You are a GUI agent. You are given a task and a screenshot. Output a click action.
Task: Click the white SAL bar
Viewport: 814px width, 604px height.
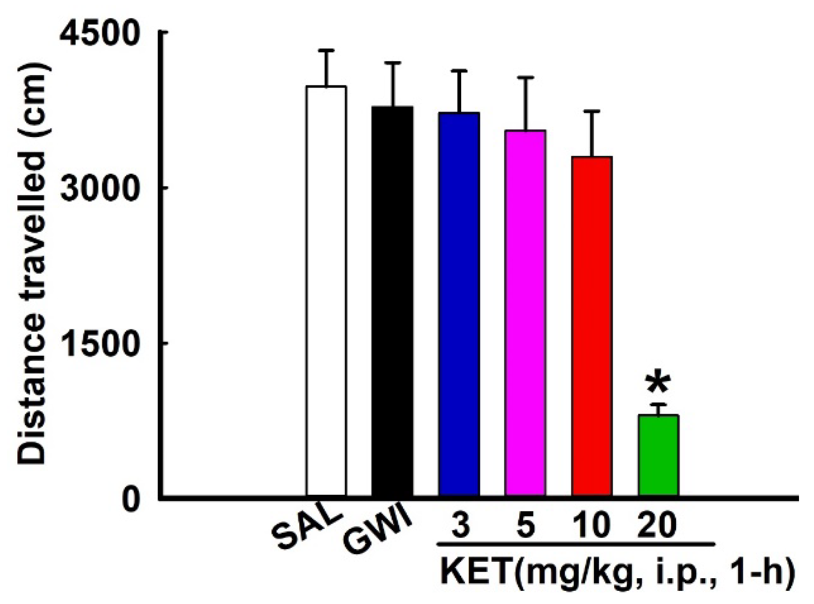327,291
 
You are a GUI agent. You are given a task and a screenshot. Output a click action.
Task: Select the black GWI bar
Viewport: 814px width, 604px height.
393,301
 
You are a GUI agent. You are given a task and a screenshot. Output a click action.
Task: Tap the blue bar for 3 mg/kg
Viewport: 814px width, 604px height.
459,304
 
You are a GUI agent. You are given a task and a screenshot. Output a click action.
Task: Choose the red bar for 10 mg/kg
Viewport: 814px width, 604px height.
592,326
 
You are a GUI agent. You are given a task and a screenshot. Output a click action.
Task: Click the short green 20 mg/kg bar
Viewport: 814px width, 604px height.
659,455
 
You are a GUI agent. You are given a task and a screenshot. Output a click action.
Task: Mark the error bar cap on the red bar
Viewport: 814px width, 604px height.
592,111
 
